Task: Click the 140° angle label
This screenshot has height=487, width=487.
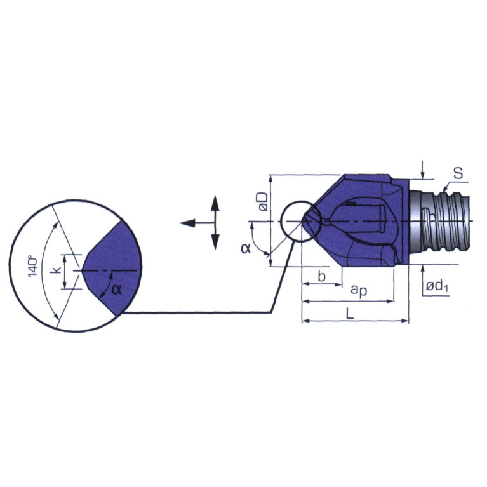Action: pyautogui.click(x=32, y=266)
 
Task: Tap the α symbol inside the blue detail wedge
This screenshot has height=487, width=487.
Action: pyautogui.click(x=116, y=290)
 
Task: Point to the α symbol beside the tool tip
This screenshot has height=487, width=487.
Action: pyautogui.click(x=246, y=248)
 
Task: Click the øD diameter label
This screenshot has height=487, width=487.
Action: pyautogui.click(x=263, y=201)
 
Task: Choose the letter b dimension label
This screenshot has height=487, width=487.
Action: pyautogui.click(x=322, y=276)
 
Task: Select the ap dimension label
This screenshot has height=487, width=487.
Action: pyautogui.click(x=359, y=290)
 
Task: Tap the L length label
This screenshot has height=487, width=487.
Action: pyautogui.click(x=350, y=314)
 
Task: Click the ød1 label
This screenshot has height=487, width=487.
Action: pyautogui.click(x=437, y=286)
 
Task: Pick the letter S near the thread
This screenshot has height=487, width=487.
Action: pyautogui.click(x=458, y=173)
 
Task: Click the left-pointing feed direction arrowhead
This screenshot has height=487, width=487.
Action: pyautogui.click(x=187, y=223)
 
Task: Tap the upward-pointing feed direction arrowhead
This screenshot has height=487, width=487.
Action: pyautogui.click(x=215, y=203)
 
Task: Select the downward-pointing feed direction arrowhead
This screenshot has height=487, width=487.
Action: pyautogui.click(x=215, y=242)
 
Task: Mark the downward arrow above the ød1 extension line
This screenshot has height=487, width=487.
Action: pyautogui.click(x=422, y=170)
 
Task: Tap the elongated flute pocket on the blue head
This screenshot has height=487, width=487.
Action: pyautogui.click(x=359, y=219)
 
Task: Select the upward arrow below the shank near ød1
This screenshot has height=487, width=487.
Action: pyautogui.click(x=422, y=273)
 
